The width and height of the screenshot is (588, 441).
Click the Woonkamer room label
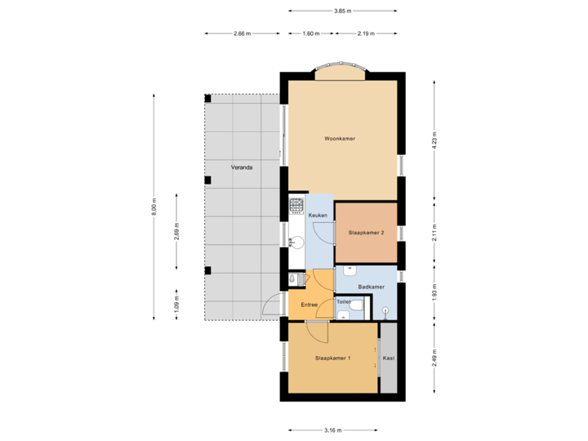click(x=340, y=139)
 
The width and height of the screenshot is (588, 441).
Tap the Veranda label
click(x=241, y=167)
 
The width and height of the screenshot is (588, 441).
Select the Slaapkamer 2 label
click(x=366, y=233)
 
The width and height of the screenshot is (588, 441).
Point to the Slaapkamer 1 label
click(x=333, y=359)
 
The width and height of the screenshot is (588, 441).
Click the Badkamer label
click(x=372, y=287)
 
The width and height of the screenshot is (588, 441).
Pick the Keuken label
click(x=318, y=215)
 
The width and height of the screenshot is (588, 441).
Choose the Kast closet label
click(x=388, y=359)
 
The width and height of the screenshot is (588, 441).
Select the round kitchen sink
click(x=297, y=241)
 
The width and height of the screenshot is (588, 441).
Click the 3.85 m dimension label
click(x=343, y=11)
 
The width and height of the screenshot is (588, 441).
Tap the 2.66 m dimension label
click(x=242, y=33)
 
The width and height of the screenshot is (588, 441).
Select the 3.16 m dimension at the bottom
click(x=332, y=430)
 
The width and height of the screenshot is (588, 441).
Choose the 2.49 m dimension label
click(x=434, y=359)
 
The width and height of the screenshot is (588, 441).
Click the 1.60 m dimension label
click(x=310, y=33)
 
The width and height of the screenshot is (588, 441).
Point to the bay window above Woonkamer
click(x=340, y=73)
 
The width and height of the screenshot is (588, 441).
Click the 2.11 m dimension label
click(x=434, y=233)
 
